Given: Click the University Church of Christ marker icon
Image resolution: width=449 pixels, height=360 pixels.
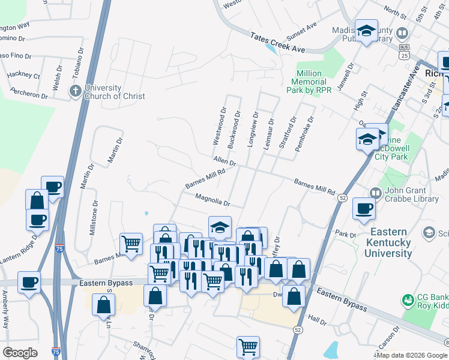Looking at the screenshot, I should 75,91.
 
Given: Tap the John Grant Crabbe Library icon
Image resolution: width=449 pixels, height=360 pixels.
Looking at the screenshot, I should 376,193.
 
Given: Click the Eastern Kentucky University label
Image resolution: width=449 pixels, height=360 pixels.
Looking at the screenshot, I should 390,242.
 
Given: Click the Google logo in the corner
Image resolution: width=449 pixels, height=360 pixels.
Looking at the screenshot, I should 20,353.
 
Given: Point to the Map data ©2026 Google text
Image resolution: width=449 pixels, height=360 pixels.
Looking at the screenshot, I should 412,355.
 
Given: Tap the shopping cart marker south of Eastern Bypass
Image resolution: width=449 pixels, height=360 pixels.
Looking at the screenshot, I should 249,346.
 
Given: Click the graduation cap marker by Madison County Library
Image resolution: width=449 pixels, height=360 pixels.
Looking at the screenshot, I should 365,31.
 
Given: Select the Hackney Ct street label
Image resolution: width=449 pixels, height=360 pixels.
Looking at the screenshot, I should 23,76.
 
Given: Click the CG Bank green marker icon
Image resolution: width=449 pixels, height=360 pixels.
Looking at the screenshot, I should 408,299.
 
